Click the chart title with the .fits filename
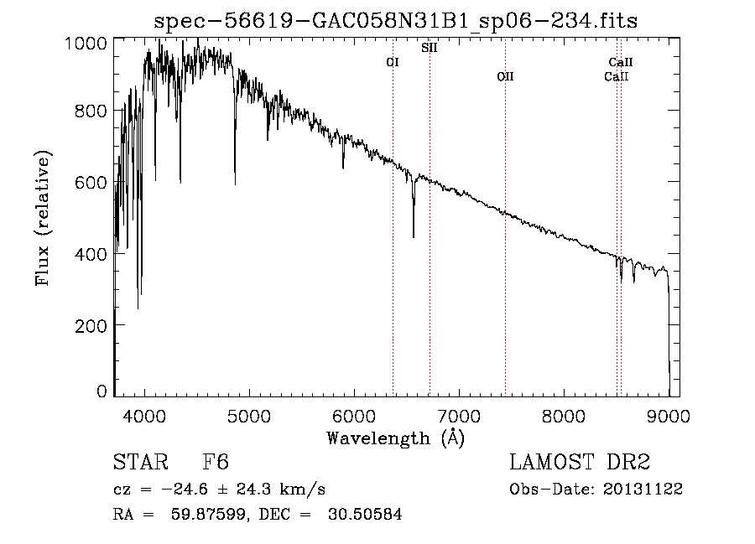(x=396, y=21)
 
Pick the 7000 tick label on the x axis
(x=459, y=415)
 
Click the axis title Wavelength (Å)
(x=395, y=438)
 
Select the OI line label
(x=392, y=62)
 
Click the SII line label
(x=429, y=48)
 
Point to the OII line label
(x=504, y=76)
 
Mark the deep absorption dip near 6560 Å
(x=413, y=235)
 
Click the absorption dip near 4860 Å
(x=235, y=181)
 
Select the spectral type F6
(x=216, y=463)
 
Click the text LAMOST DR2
(x=580, y=463)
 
